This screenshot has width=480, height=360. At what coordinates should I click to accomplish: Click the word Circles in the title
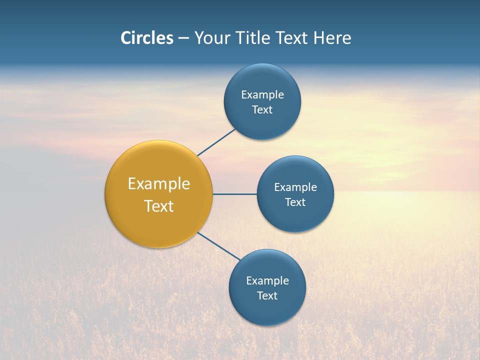(147, 38)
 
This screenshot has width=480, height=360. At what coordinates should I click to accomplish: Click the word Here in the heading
(332, 38)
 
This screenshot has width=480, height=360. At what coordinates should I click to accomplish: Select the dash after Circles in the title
(183, 38)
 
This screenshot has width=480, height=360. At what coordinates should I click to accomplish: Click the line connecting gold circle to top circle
(216, 142)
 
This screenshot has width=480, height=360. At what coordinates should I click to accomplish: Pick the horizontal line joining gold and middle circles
(234, 194)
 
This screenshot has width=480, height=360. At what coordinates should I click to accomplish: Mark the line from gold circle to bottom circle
(219, 246)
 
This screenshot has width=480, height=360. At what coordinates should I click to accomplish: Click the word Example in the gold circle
(159, 184)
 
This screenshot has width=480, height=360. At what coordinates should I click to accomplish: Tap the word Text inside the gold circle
(159, 206)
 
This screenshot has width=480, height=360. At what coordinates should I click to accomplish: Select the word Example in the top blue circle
(262, 95)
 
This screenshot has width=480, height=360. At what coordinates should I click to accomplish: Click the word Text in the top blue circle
(262, 110)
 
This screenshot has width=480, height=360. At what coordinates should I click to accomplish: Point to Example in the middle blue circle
(295, 187)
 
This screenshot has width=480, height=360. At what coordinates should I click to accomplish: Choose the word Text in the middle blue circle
(295, 202)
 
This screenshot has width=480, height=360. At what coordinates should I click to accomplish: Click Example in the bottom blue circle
(267, 281)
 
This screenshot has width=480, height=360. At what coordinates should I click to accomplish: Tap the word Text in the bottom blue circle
(267, 296)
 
